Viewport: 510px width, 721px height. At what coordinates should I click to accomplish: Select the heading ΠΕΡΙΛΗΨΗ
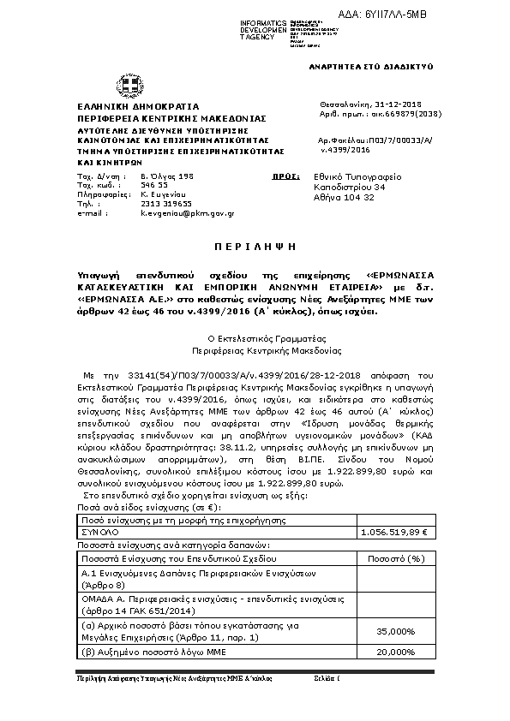(x=255, y=245)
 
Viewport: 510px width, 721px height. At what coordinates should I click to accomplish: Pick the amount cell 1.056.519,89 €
(x=396, y=532)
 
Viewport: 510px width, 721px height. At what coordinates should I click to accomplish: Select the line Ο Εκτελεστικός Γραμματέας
(x=255, y=339)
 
